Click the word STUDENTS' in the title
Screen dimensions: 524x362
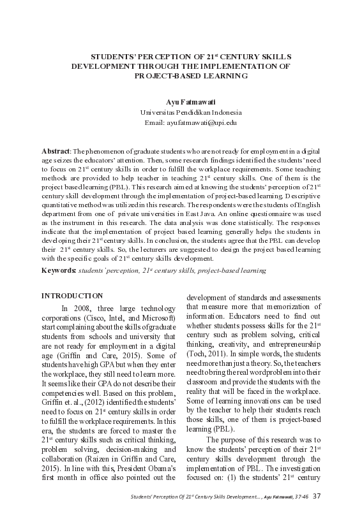click(112, 56)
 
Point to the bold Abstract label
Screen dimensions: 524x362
click(56, 151)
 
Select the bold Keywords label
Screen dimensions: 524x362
click(59, 271)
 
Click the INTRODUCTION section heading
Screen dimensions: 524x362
click(72, 296)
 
